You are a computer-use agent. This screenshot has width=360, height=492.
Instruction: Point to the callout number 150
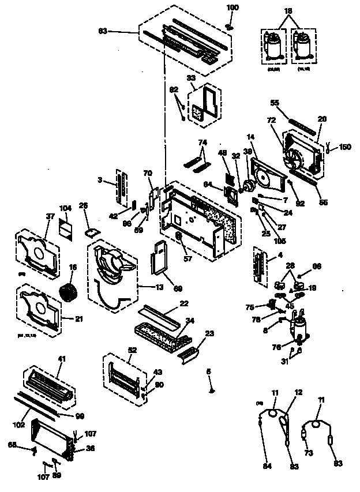click(346, 148)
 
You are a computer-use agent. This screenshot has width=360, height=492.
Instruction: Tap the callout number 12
click(298, 392)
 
